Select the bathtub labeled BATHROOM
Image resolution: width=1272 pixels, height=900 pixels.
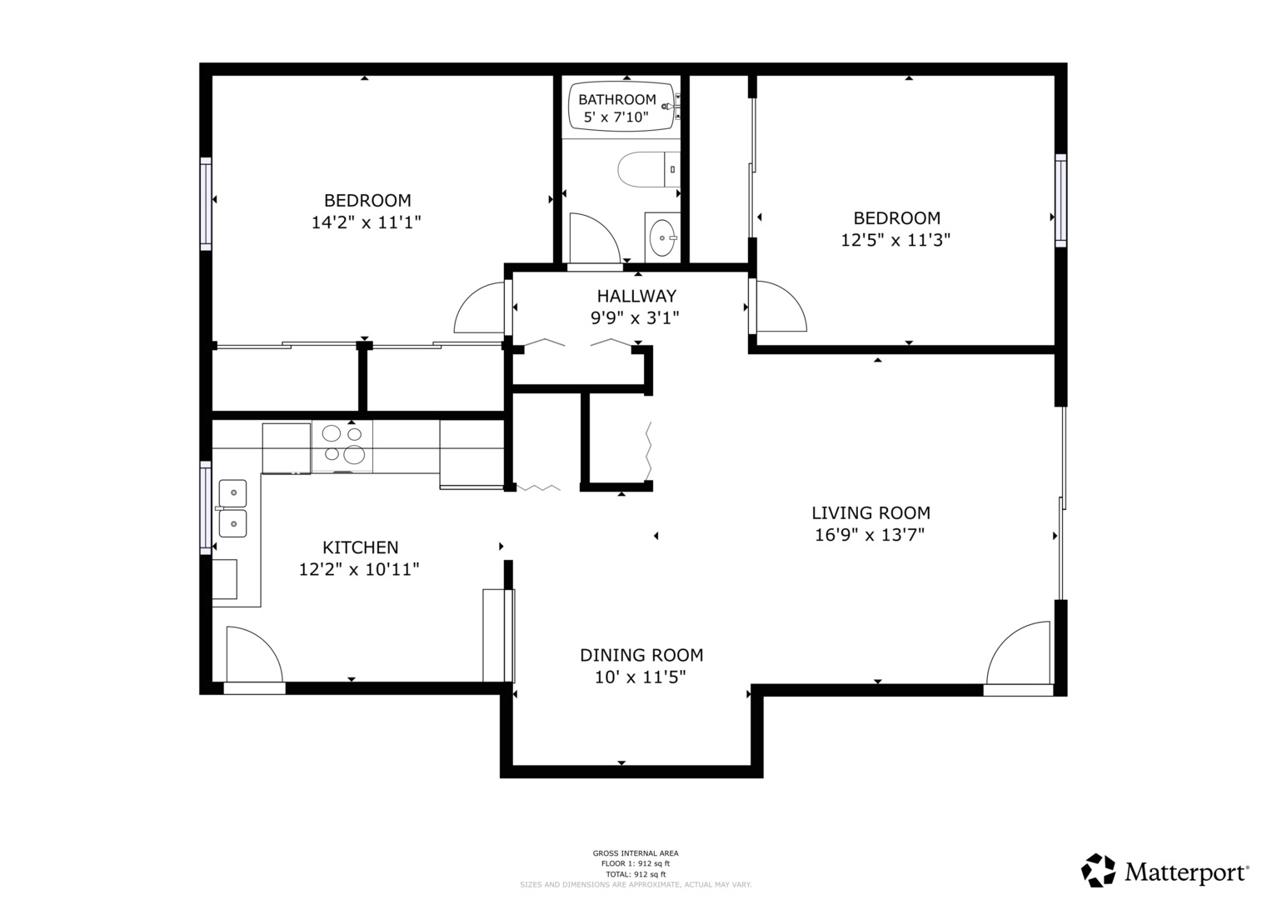(621, 107)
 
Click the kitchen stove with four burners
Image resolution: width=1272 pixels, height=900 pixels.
(343, 443)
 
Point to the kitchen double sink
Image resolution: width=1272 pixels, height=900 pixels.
(232, 508)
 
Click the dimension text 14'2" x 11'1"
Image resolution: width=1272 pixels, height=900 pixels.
(367, 222)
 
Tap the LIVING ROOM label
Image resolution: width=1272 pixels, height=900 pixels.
(870, 513)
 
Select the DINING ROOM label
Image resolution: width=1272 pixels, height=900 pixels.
(641, 655)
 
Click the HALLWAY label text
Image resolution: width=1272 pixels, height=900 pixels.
(636, 296)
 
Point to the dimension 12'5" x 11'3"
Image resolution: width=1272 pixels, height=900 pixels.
(896, 240)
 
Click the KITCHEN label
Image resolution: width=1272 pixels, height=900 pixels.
(360, 547)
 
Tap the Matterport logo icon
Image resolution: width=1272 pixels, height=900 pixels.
(1098, 870)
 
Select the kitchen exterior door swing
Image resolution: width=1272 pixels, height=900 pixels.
(252, 656)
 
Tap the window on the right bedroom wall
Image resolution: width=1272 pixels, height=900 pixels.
(1060, 200)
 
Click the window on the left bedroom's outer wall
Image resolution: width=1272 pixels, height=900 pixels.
(205, 202)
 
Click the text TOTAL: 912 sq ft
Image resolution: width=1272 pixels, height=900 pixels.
(635, 874)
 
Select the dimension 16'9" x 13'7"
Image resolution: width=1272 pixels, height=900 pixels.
(870, 535)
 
